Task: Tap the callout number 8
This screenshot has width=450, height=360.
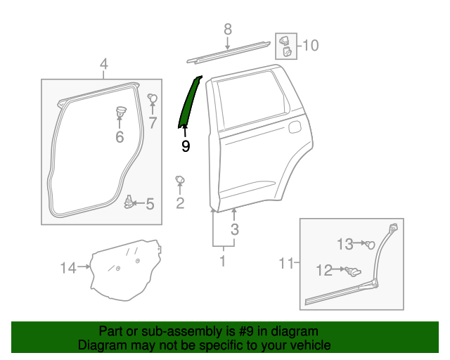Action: click(227, 30)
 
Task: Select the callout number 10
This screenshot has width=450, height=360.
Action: click(310, 46)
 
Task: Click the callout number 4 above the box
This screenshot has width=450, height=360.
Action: click(103, 65)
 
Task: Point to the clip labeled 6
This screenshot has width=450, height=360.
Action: click(120, 110)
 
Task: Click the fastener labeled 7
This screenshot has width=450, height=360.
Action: click(152, 98)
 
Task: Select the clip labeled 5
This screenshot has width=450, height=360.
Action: click(129, 202)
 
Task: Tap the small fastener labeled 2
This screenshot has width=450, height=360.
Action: click(179, 181)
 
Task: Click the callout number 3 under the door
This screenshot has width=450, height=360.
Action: click(235, 229)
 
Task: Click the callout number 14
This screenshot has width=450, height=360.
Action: click(67, 267)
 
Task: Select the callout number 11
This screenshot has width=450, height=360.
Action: click(285, 264)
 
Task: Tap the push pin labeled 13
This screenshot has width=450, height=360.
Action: click(370, 244)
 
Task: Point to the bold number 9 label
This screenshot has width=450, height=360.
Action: click(186, 146)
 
